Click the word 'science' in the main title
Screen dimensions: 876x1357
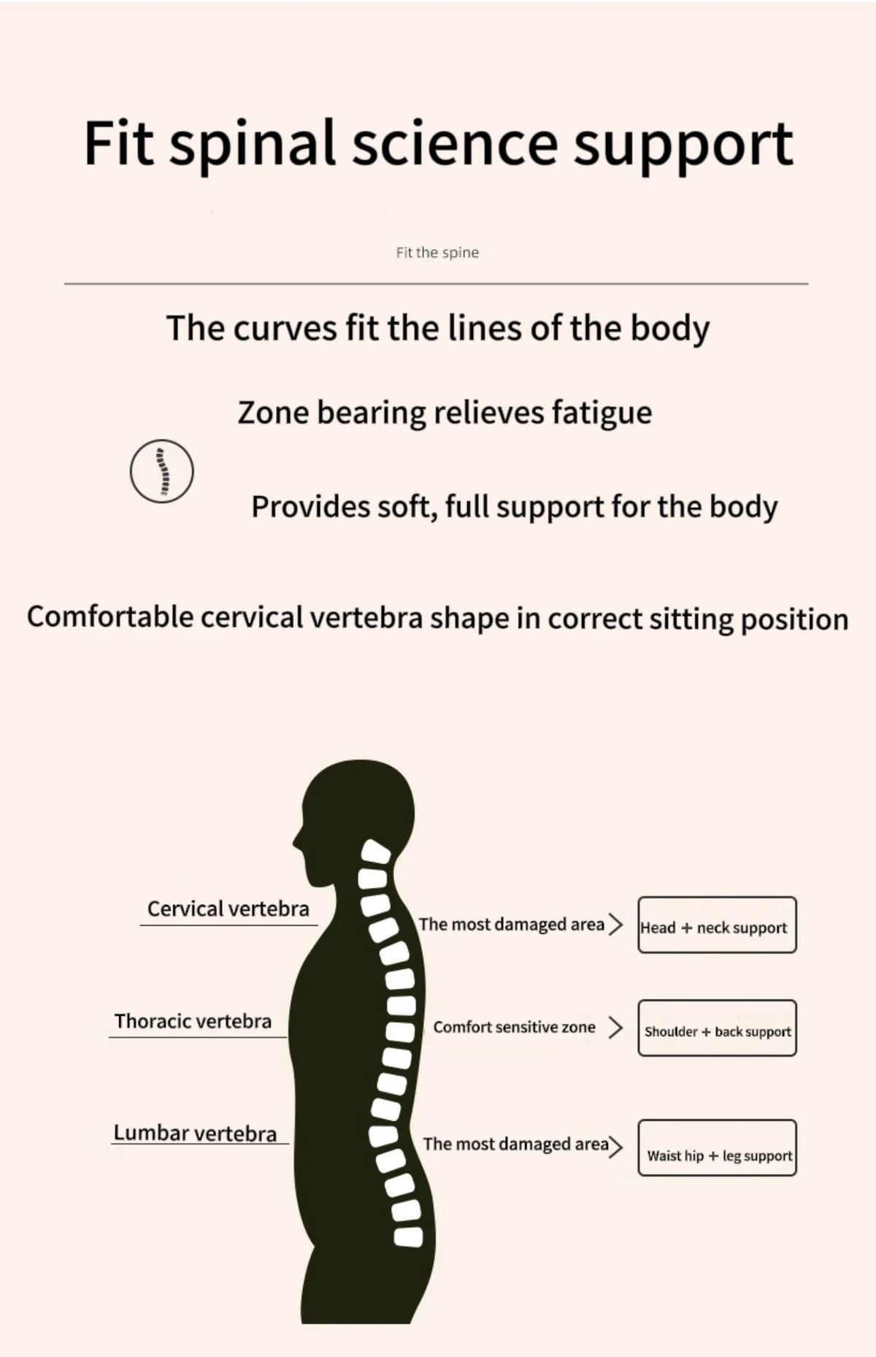click(x=454, y=143)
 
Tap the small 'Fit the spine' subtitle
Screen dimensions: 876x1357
click(x=437, y=253)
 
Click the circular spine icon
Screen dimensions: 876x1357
click(x=162, y=470)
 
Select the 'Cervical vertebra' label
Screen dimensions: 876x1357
click(x=228, y=909)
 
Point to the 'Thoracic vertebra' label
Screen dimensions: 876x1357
click(x=193, y=1021)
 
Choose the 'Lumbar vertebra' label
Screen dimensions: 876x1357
click(x=195, y=1133)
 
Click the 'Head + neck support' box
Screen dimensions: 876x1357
click(x=717, y=925)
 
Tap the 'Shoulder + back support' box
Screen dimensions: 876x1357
click(x=717, y=1028)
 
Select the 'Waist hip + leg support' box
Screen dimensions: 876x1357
click(x=717, y=1147)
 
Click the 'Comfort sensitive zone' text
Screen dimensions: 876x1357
click(x=514, y=1027)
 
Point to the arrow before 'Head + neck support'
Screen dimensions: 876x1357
click(x=616, y=925)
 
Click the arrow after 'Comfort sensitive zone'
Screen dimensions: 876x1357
click(x=616, y=1028)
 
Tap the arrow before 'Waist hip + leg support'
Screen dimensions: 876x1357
click(x=616, y=1147)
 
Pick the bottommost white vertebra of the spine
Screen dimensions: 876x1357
click(x=409, y=1236)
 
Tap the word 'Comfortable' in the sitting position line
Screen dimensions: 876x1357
click(x=109, y=617)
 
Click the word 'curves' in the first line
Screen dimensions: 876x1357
click(x=286, y=329)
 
